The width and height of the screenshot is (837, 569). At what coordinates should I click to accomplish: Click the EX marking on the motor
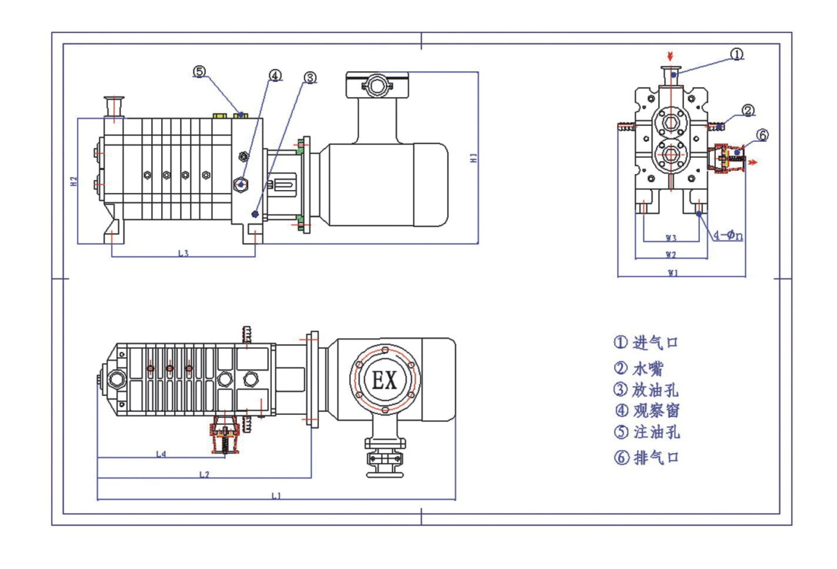pyautogui.click(x=385, y=381)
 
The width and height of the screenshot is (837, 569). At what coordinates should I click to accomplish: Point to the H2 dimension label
pyautogui.click(x=74, y=182)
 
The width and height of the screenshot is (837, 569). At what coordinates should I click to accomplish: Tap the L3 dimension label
pyautogui.click(x=184, y=253)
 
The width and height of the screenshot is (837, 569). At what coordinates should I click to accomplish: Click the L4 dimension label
pyautogui.click(x=161, y=454)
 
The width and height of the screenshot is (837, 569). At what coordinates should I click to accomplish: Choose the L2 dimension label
pyautogui.click(x=204, y=474)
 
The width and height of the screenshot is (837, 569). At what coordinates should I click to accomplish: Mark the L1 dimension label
pyautogui.click(x=276, y=495)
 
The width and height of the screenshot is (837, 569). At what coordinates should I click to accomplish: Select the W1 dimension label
pyautogui.click(x=673, y=272)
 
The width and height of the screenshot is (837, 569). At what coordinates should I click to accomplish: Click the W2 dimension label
pyautogui.click(x=671, y=255)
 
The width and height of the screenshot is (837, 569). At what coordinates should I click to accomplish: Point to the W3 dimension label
pyautogui.click(x=671, y=238)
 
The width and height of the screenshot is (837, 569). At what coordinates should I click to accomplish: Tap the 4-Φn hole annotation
pyautogui.click(x=728, y=235)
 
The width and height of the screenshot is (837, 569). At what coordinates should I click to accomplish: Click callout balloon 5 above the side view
pyautogui.click(x=200, y=72)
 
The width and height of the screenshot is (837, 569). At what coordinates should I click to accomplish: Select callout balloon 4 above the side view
pyautogui.click(x=275, y=75)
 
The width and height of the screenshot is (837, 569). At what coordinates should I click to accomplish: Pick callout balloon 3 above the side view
pyautogui.click(x=310, y=78)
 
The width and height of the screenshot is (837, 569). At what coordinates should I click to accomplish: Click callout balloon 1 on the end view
pyautogui.click(x=737, y=54)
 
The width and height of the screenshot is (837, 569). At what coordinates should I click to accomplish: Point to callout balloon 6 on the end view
pyautogui.click(x=762, y=135)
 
